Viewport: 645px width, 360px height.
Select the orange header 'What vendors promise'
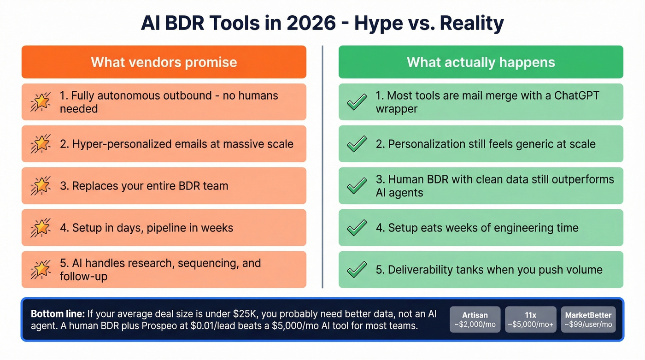tap(164, 62)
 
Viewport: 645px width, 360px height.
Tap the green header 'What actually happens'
tap(481, 62)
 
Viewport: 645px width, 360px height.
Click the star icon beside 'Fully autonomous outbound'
tap(41, 102)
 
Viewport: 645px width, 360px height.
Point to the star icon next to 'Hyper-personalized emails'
tap(41, 144)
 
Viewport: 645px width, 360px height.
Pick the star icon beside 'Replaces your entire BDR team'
tap(41, 186)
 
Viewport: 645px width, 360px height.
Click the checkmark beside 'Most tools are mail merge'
tap(357, 102)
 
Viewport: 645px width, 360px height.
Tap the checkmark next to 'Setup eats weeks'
tap(357, 228)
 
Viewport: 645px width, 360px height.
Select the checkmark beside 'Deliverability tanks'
tap(357, 270)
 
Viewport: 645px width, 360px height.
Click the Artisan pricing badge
tap(475, 319)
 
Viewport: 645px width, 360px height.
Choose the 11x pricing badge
tap(530, 319)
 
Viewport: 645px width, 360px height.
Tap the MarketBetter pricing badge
tap(588, 319)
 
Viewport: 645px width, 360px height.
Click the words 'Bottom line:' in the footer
tap(58, 314)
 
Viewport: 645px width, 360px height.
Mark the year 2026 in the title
tap(311, 24)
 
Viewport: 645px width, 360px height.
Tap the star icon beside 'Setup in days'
tap(41, 228)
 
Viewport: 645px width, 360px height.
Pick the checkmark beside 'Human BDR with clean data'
tap(357, 186)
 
